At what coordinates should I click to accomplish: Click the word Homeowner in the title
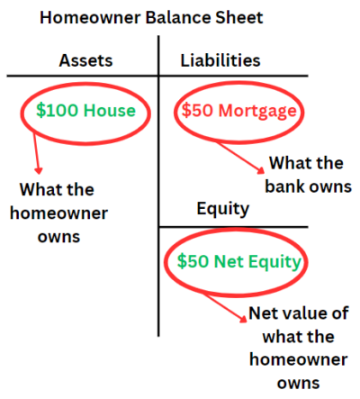coord(90,18)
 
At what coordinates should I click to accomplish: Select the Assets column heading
coord(85,60)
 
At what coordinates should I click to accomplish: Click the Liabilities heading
coord(220,60)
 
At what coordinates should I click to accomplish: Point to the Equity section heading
coord(223,209)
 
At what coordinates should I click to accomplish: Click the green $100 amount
coord(57,110)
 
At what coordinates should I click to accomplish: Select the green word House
coord(110,110)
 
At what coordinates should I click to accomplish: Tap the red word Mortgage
coord(257,111)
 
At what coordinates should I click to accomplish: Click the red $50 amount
coord(197,110)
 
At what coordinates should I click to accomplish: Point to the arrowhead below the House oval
coord(38,170)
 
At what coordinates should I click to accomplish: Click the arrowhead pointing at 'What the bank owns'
coord(261,170)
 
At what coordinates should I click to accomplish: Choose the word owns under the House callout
coord(58,237)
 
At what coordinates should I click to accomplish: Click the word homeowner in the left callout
coord(58,213)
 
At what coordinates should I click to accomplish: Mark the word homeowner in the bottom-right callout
coord(299,359)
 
